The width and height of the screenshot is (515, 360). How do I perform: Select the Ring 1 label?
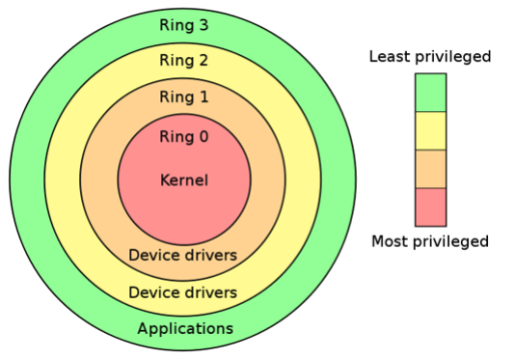coord(183,97)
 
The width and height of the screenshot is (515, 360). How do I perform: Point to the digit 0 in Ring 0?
coord(203,136)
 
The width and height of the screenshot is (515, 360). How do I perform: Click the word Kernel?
coord(183,180)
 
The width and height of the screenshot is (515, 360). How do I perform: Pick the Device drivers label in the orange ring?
coord(183,256)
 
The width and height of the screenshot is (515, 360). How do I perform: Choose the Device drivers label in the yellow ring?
coord(183,291)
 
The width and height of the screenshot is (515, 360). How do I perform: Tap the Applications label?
coord(185,329)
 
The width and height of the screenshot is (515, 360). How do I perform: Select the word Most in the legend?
coord(391,241)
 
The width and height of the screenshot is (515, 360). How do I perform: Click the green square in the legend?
coord(430,93)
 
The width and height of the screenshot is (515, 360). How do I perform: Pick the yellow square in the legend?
coord(430,130)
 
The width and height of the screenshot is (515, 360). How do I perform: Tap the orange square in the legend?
coord(430,169)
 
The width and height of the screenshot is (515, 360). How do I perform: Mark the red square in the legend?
coord(430,207)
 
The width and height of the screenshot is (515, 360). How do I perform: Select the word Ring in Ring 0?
coord(176,136)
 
